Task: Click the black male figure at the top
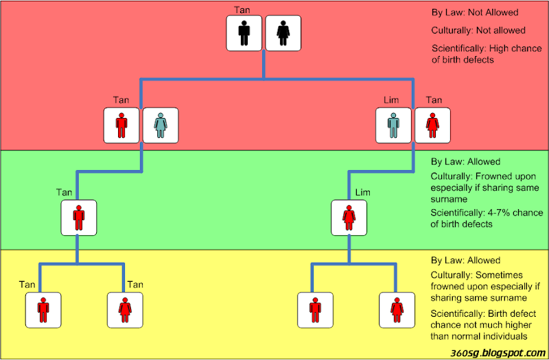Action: click(245, 33)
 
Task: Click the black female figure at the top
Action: click(283, 33)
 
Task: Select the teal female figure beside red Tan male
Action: click(160, 125)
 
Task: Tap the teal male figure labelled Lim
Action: click(393, 125)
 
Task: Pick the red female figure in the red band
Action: click(432, 125)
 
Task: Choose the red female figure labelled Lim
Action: click(349, 218)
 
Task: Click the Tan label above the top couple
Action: click(242, 10)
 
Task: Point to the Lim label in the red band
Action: click(391, 101)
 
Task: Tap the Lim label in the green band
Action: click(362, 193)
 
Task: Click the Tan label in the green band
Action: click(63, 193)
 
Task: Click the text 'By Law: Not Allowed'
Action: click(475, 13)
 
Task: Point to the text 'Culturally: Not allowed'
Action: click(478, 31)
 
